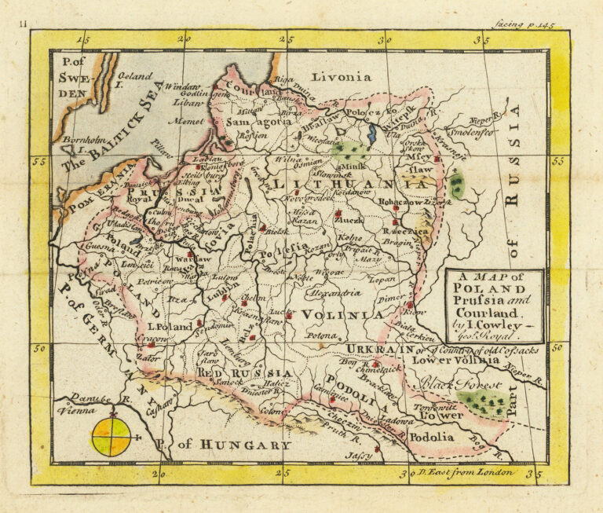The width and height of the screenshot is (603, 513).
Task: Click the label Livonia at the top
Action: [x=342, y=77]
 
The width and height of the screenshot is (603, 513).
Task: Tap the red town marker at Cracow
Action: [x=151, y=344]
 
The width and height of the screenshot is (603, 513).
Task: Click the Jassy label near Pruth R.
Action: [x=356, y=456]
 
